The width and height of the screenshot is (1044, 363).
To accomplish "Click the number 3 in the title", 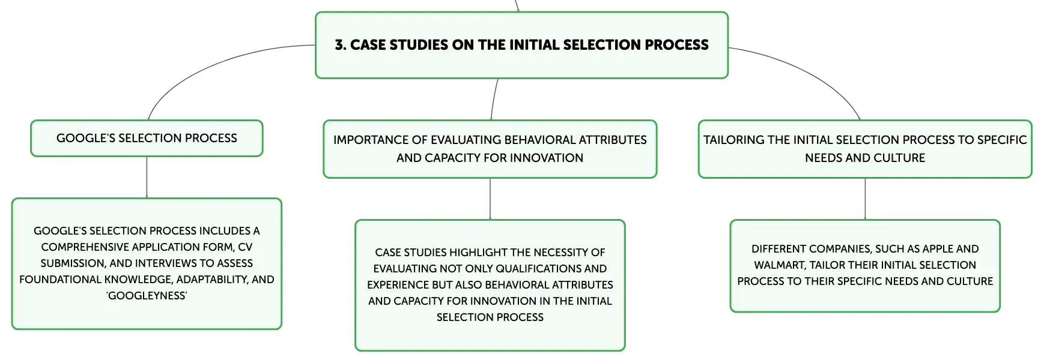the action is [339, 45].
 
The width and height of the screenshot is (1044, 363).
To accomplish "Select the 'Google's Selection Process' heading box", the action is [147, 138].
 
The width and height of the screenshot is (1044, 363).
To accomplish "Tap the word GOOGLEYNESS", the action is [147, 296].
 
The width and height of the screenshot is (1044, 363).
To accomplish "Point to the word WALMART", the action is [778, 265].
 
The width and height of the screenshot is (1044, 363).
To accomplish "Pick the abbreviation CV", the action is [245, 247].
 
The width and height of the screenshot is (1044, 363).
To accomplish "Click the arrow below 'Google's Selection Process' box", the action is [147, 178].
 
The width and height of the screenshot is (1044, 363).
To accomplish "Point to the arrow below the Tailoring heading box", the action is [865, 199].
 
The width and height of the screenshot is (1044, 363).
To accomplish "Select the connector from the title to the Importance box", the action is [494, 99].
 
